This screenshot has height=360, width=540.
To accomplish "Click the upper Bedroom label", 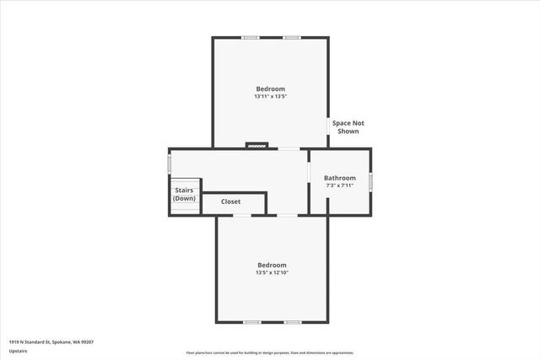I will pyautogui.click(x=270, y=89).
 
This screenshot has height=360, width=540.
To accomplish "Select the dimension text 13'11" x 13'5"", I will pyautogui.click(x=270, y=96).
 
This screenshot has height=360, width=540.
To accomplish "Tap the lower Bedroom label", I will pyautogui.click(x=272, y=265).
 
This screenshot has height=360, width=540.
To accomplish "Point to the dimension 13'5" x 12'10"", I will pyautogui.click(x=272, y=272).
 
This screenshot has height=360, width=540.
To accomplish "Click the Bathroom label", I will pyautogui.click(x=340, y=178).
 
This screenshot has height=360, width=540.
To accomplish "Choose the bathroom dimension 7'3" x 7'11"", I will pyautogui.click(x=340, y=185).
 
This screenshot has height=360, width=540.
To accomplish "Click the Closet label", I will pyautogui.click(x=231, y=202).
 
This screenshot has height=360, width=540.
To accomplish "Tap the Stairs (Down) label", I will pyautogui.click(x=185, y=195).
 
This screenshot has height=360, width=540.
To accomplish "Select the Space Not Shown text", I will pyautogui.click(x=348, y=127).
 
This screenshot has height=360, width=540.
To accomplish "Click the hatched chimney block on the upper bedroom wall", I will pyautogui.click(x=256, y=145).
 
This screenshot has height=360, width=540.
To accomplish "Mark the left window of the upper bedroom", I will pyautogui.click(x=251, y=37).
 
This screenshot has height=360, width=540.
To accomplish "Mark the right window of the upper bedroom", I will pyautogui.click(x=292, y=37).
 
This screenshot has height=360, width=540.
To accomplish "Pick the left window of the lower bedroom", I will pyautogui.click(x=251, y=322).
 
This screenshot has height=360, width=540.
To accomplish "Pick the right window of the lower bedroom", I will pyautogui.click(x=292, y=322).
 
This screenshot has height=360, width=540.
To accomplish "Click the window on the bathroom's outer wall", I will pyautogui.click(x=370, y=180).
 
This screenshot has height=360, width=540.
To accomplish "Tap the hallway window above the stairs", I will pyautogui.click(x=170, y=162).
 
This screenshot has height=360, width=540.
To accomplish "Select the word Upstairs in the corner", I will pyautogui.click(x=18, y=350).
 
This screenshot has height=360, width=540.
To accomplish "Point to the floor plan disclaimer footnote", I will pyautogui.click(x=270, y=352).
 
